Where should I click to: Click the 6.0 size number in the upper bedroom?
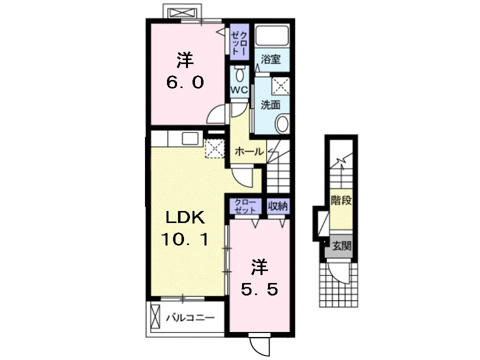(x=185, y=82)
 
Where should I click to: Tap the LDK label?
(x=185, y=217)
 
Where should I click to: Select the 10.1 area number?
(x=185, y=239)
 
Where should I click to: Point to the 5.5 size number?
(x=259, y=288)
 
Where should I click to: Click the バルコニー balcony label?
(x=190, y=318)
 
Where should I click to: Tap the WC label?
(x=239, y=90)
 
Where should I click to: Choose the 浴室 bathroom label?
(x=270, y=59)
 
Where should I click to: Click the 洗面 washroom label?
(x=270, y=105)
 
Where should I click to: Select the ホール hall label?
(x=249, y=151)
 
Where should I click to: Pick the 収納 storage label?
(x=278, y=206)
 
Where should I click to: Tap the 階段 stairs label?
(x=341, y=201)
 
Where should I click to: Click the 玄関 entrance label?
(x=341, y=246)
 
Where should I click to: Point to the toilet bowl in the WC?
(x=239, y=74)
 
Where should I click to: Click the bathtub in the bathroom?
(x=272, y=35)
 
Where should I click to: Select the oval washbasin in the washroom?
(x=282, y=123)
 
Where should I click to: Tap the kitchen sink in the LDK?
(x=190, y=138)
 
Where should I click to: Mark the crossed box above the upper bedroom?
(x=182, y=12)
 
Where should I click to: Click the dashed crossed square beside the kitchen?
(x=215, y=148)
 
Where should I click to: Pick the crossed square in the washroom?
(x=280, y=85)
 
